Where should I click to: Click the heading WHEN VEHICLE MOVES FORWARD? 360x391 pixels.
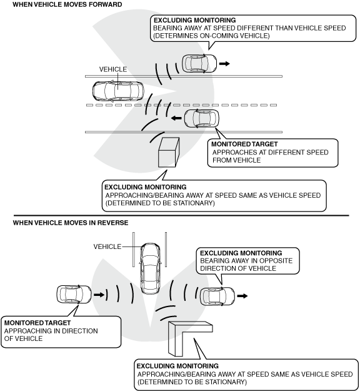pos(67,4)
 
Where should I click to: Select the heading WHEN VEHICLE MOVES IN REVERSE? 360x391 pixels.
pos(71,223)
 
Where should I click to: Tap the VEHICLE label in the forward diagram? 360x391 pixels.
pos(113,69)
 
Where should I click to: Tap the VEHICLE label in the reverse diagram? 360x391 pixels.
pos(107,246)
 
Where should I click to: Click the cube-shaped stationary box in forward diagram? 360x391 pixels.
pos(169,153)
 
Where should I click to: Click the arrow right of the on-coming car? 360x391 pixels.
pos(224,64)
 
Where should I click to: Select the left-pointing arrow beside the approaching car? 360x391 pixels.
pos(177,118)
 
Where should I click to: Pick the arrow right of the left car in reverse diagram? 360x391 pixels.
pos(99,295)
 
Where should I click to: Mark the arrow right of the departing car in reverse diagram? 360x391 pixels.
pos(242,296)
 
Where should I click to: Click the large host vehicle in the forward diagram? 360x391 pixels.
pos(118,91)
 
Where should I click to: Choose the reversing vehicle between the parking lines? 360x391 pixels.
pos(150,268)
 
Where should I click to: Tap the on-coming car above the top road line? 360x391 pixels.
pos(199,64)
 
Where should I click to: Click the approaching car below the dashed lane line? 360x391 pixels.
pos(202,118)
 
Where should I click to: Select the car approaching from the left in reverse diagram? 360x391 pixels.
pos(74,295)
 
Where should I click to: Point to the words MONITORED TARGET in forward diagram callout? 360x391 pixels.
pos(244,144)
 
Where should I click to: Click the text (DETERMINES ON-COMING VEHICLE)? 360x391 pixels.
pos(211,36)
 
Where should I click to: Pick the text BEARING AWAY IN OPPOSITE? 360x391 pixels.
pos(246,261)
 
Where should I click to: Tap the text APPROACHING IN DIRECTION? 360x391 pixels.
pos(51,331)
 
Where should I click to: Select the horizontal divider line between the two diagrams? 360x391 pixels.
pos(181,215)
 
